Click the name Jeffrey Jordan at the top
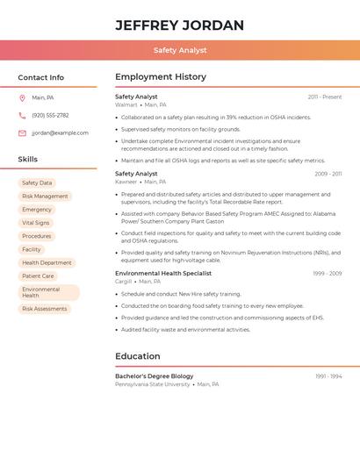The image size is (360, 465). click(180, 25)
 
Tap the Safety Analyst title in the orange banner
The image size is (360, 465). click(180, 50)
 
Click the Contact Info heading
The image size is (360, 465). click(41, 77)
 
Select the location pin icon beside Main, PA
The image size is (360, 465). click(22, 97)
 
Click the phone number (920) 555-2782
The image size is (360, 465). click(50, 115)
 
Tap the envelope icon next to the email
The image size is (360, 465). click(22, 133)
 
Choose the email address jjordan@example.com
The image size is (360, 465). click(60, 133)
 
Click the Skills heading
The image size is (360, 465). click(28, 160)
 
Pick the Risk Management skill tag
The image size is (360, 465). click(45, 197)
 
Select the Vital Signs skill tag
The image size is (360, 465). click(36, 223)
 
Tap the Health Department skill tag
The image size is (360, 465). click(47, 263)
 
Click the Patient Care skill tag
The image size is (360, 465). click(38, 276)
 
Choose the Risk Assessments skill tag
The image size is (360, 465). click(45, 309)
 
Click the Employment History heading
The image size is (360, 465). click(161, 77)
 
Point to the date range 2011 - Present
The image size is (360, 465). click(324, 97)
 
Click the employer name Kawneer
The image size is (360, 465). click(126, 182)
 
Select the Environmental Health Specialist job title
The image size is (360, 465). click(163, 273)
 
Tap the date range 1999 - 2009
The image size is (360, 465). click(327, 273)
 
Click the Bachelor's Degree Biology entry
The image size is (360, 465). click(155, 376)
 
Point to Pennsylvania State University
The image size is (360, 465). click(153, 384)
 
